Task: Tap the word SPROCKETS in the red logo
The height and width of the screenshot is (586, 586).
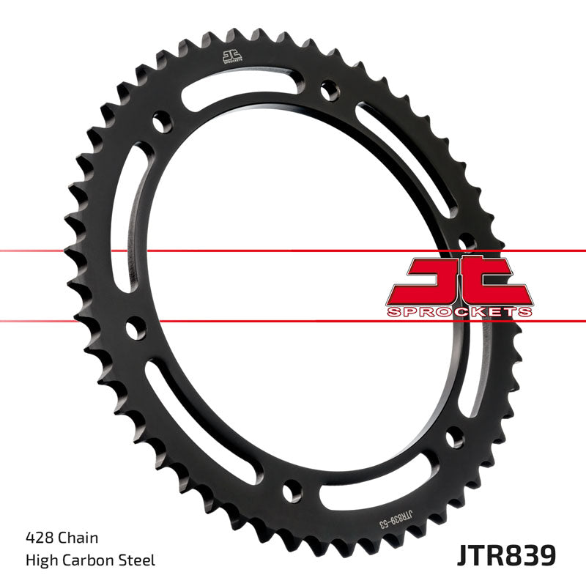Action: point(458,312)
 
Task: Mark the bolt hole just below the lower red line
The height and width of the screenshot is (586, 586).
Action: point(135,328)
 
